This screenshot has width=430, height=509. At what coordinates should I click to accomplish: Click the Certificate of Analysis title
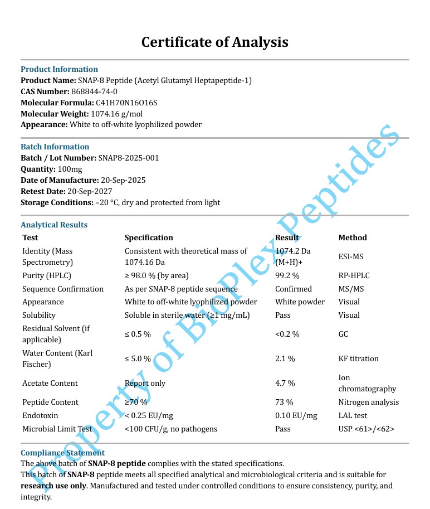pyautogui.click(x=214, y=42)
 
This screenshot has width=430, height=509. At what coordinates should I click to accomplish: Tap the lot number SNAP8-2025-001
pyautogui.click(x=129, y=158)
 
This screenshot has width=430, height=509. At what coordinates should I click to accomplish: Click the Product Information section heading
pyautogui.click(x=59, y=69)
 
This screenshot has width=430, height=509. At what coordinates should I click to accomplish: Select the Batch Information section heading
pyautogui.click(x=55, y=147)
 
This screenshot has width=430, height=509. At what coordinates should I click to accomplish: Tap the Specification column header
pyautogui.click(x=149, y=237)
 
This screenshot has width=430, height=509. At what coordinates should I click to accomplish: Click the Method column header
pyautogui.click(x=353, y=237)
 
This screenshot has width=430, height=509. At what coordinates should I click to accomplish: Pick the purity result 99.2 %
pyautogui.click(x=287, y=275)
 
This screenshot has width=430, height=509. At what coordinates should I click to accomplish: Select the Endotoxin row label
pyautogui.click(x=40, y=415)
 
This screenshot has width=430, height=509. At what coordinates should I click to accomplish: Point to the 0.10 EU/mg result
pyautogui.click(x=296, y=415)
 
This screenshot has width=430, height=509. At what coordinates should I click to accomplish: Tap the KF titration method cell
pyautogui.click(x=358, y=358)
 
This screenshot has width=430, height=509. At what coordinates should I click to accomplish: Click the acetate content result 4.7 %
pyautogui.click(x=285, y=383)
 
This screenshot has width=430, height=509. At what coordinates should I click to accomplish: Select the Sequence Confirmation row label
pyautogui.click(x=63, y=289)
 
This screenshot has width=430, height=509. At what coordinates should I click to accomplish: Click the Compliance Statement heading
pyautogui.click(x=62, y=453)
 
